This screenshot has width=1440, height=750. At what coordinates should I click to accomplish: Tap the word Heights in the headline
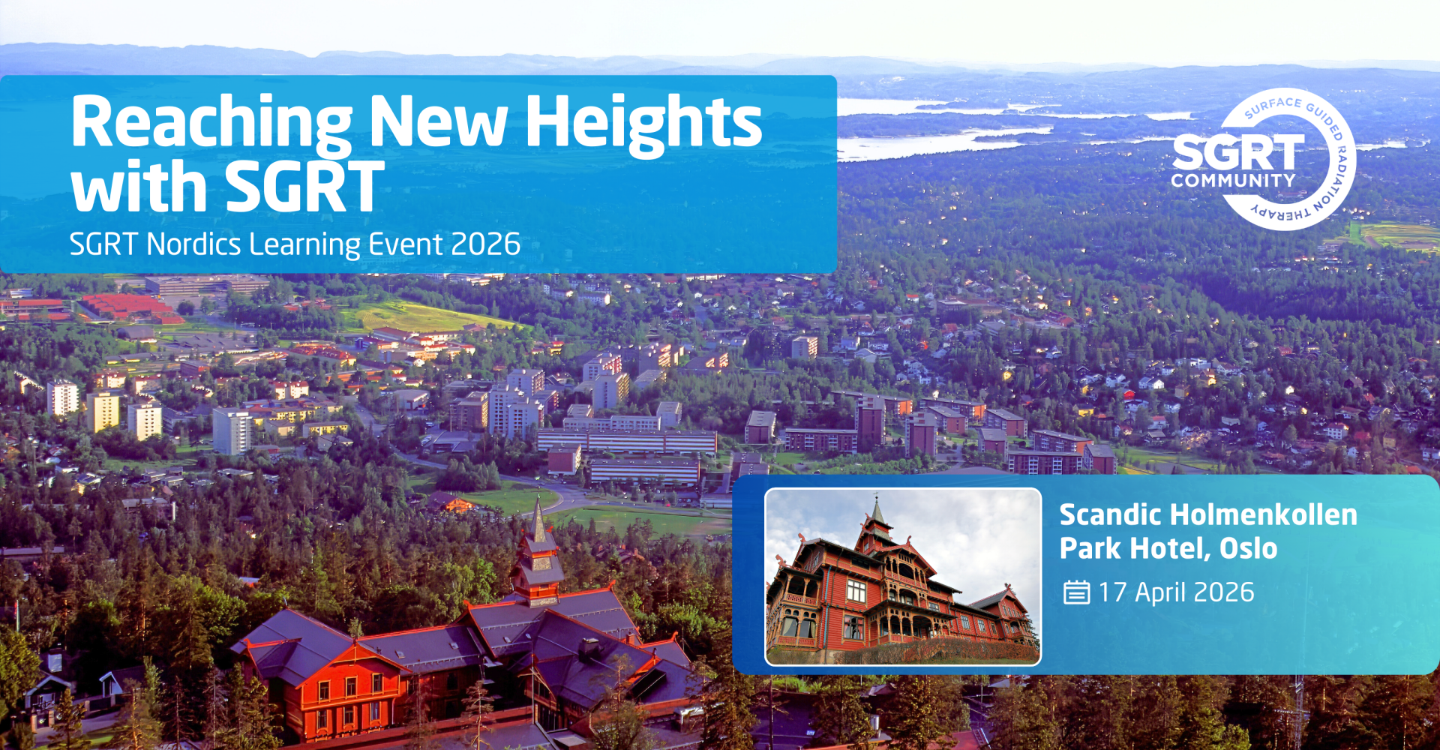(643, 124)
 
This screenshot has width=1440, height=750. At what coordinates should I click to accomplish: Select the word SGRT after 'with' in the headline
(304, 187)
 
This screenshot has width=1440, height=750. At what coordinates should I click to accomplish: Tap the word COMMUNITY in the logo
(1233, 181)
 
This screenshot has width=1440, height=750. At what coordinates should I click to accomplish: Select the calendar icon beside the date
(1076, 592)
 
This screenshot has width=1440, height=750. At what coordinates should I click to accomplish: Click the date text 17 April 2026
(1176, 592)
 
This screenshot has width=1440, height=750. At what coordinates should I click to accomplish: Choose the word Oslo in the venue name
(1249, 548)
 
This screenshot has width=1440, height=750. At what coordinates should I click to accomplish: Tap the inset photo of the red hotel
(903, 577)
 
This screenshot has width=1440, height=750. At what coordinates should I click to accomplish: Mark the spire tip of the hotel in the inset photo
(876, 495)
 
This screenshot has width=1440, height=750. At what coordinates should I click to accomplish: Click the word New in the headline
(439, 124)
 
